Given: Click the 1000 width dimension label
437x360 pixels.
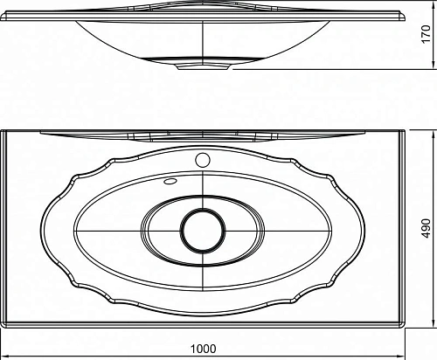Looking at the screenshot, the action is tap(203, 349).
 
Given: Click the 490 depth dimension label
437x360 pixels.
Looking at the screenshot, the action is tap(427, 228).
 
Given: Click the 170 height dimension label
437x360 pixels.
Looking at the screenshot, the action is tap(427, 34).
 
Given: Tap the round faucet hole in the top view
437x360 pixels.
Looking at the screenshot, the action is tap(203, 160).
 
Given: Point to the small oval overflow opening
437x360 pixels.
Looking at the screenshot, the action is tap(170, 181).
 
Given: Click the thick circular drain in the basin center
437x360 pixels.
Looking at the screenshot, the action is tap(203, 230).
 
